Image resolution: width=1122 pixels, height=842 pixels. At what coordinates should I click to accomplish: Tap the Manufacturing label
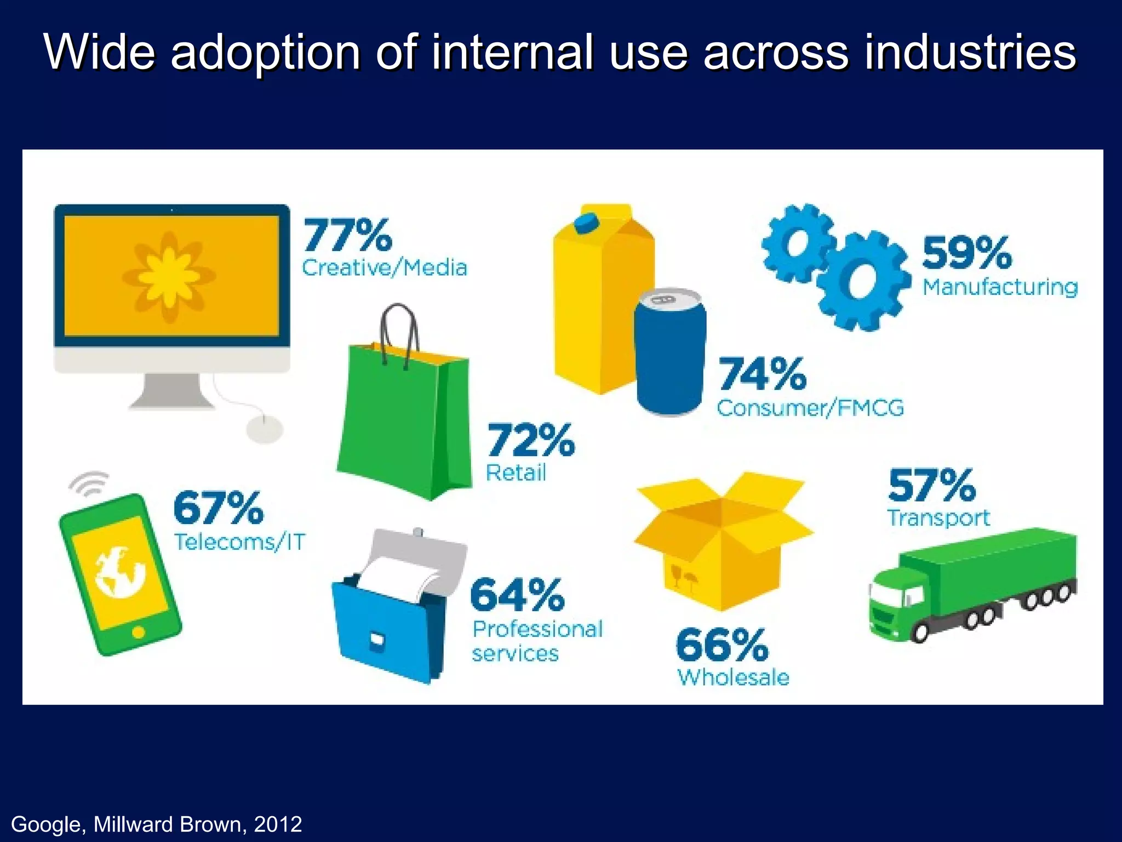[x=1000, y=287]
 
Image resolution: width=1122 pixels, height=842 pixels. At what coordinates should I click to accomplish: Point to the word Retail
[x=516, y=473]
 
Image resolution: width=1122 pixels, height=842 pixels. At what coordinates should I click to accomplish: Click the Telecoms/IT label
[x=239, y=542]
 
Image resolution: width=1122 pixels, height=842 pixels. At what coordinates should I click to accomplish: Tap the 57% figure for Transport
[x=932, y=485]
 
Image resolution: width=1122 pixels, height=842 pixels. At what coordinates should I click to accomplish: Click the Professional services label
[x=537, y=641]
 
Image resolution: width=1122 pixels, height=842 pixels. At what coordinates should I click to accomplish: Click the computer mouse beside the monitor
[x=265, y=428]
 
